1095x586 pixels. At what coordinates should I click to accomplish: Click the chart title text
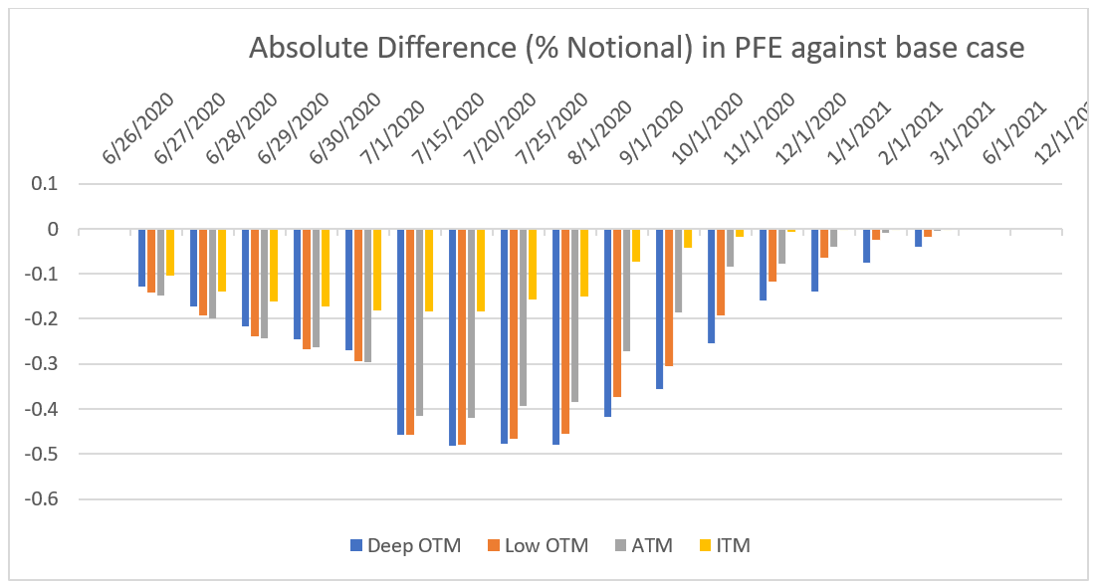(x=636, y=49)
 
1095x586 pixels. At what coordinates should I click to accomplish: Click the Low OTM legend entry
(x=537, y=545)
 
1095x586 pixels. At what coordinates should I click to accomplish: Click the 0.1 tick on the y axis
(x=46, y=184)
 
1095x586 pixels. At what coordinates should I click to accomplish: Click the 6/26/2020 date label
(x=138, y=128)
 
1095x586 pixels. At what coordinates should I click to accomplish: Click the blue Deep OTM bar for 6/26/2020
(x=142, y=258)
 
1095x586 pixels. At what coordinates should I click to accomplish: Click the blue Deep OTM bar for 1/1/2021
(x=815, y=260)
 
